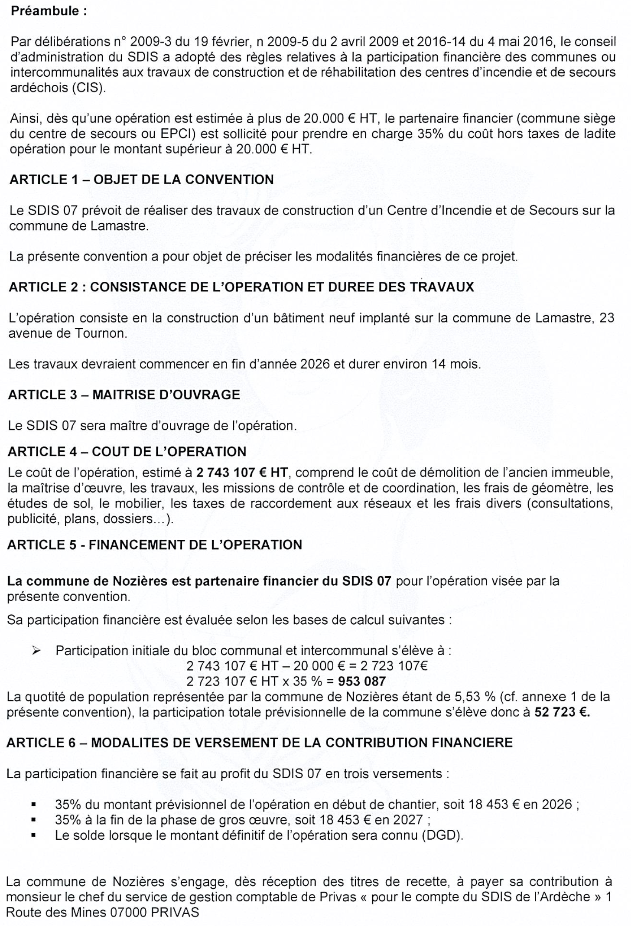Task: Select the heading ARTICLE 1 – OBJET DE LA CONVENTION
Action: [x=141, y=179]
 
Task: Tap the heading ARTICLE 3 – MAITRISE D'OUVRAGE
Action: [x=124, y=395]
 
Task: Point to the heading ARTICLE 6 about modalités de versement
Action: [x=259, y=743]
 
